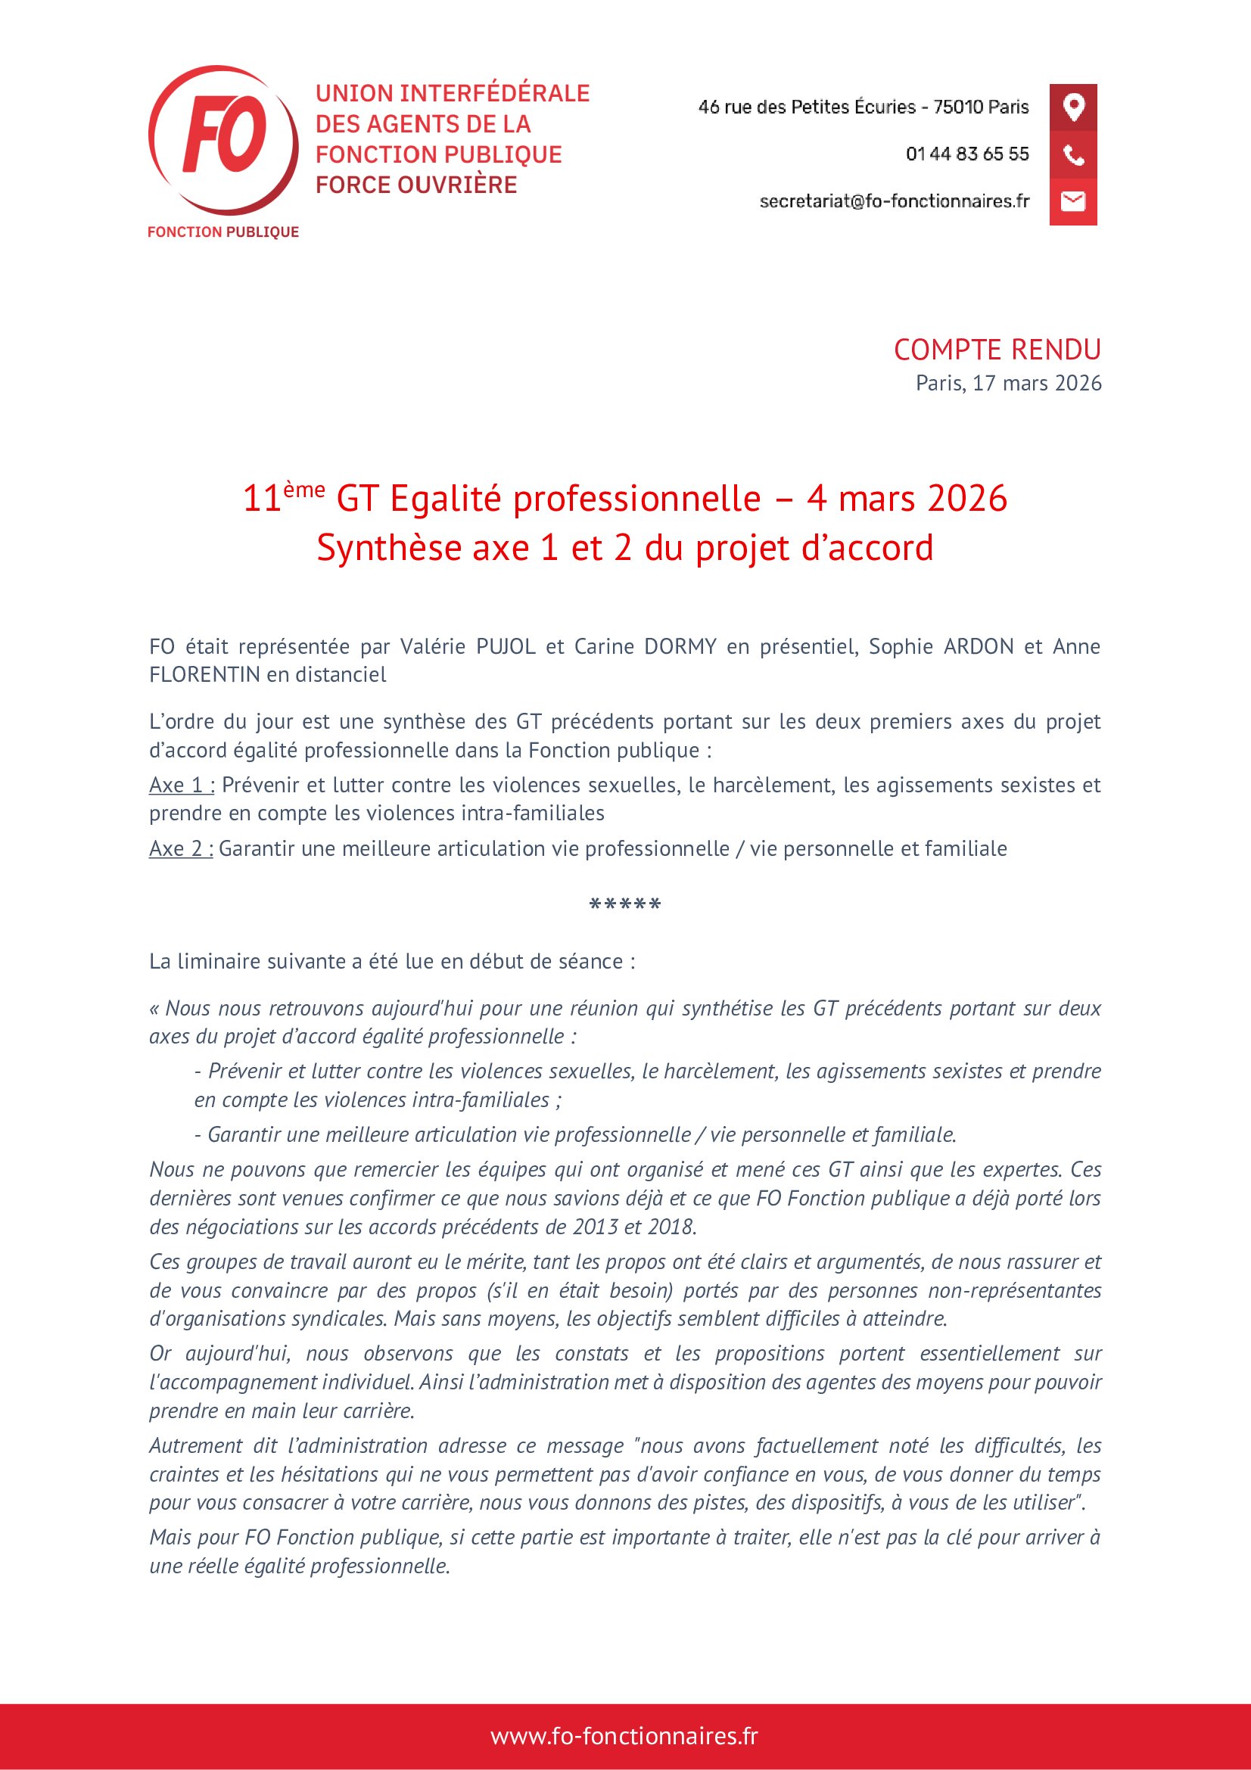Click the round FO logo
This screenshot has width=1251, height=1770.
click(x=223, y=139)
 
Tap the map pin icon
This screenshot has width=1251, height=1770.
click(x=1073, y=107)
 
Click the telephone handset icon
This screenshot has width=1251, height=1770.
click(x=1073, y=155)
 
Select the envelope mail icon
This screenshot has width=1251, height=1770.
click(x=1073, y=202)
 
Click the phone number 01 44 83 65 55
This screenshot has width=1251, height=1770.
click(x=966, y=154)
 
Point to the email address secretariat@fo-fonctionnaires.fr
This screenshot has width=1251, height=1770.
click(x=894, y=201)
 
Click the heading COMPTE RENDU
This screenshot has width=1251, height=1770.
click(x=997, y=350)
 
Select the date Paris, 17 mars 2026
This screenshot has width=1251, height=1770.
click(x=1008, y=383)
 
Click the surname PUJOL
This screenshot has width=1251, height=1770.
click(x=506, y=646)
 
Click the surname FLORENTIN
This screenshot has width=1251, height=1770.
click(x=204, y=674)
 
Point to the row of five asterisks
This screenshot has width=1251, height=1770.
click(x=625, y=905)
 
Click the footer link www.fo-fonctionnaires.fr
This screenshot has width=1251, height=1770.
click(x=624, y=1736)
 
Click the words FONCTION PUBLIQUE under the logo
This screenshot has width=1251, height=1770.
click(x=223, y=232)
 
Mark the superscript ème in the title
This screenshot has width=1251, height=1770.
click(x=303, y=490)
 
